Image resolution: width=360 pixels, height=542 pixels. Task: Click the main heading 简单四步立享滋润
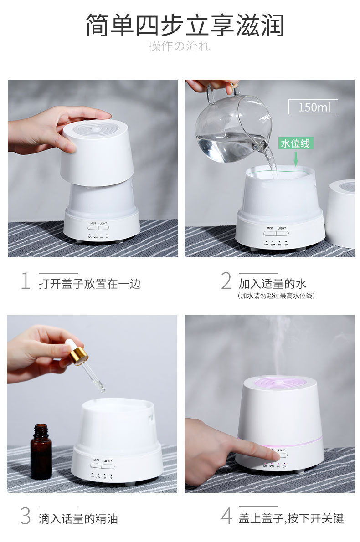185,26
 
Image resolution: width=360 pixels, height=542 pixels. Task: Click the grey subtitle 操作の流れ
180,46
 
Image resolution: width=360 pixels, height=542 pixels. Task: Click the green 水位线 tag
295,143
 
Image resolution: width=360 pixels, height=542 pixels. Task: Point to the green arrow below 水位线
296,159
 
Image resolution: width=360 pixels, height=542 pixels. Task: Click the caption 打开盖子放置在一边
90,284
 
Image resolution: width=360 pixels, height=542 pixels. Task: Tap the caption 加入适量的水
272,284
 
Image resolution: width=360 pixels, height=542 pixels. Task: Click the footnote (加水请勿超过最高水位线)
276,296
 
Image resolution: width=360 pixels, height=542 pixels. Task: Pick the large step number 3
25,516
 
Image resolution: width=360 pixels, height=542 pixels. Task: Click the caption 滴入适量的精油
78,518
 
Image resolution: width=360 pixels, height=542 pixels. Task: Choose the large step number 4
226,516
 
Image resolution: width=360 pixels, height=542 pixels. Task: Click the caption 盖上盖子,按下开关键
291,518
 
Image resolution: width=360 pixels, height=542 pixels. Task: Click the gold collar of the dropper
78,355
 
